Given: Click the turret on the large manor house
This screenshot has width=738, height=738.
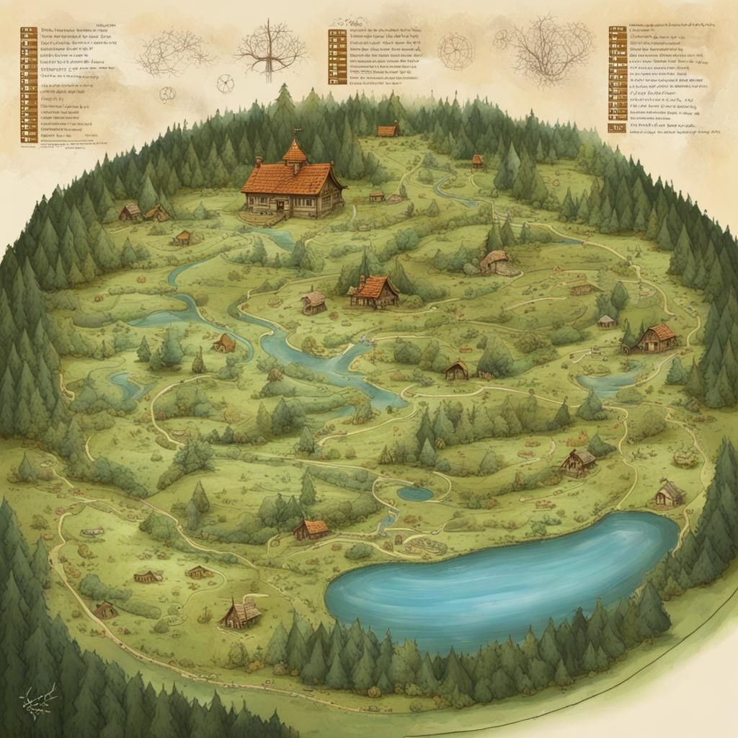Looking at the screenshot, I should coord(294,153).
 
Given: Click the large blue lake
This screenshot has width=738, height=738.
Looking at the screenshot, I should coord(497,577).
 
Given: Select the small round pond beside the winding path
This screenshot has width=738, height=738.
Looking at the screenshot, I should coord(415,494).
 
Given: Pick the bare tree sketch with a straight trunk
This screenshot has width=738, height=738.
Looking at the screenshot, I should coord(270,46).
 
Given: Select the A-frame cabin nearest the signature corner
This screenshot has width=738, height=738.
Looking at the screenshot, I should coord(241,613).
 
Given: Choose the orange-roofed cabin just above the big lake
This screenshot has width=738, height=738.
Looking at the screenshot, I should coord(311,530).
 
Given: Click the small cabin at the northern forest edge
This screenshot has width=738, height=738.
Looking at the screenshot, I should coord(388,130).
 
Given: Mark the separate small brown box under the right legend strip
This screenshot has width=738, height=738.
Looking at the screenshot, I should coord(616,128).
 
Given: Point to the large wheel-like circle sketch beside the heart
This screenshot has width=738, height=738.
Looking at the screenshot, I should coord(455,51).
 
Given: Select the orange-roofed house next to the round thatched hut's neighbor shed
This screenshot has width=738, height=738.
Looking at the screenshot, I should coord(373,290).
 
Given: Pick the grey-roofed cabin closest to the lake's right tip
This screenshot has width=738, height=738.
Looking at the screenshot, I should coord(670,494).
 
